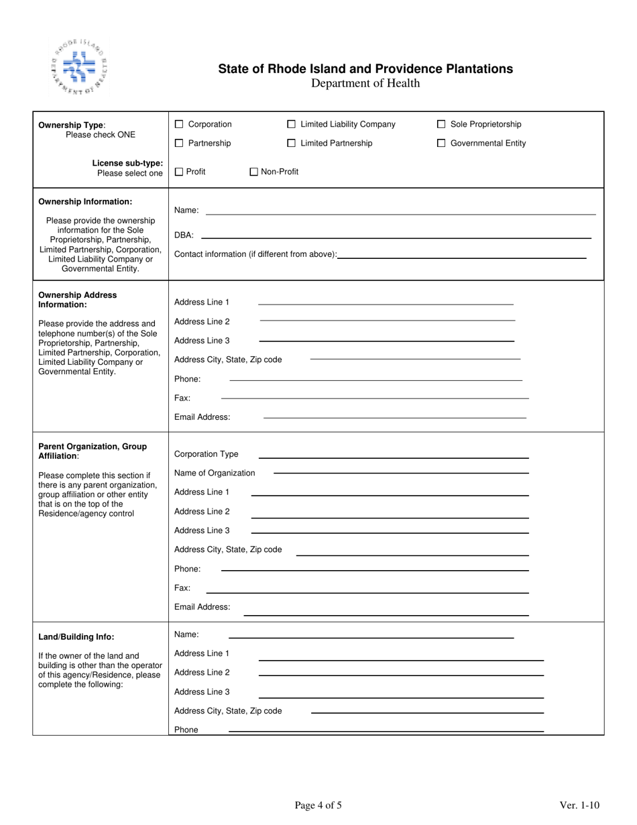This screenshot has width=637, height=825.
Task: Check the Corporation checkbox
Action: (179, 124)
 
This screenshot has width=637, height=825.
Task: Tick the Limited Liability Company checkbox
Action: (291, 124)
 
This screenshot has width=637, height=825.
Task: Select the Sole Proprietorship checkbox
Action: (441, 124)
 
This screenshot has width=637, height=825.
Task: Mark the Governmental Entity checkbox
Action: (441, 143)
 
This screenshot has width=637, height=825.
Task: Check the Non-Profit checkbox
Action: (253, 172)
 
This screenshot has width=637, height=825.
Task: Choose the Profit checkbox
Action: (179, 172)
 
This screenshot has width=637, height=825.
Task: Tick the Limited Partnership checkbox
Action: (291, 143)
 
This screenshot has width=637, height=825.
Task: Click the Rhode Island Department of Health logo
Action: (78, 68)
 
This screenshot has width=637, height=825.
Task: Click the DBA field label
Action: (184, 235)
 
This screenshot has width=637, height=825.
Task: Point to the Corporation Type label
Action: (206, 454)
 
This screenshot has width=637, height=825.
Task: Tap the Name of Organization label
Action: (215, 473)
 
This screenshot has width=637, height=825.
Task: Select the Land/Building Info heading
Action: (76, 637)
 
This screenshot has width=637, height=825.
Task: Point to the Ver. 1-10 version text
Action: (579, 806)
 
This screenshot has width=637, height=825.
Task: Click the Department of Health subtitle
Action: (365, 83)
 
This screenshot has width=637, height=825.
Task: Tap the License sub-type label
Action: (127, 163)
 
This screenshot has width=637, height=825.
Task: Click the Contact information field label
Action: (255, 254)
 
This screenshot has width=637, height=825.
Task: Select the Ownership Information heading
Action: (85, 201)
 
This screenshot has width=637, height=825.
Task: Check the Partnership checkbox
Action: (179, 143)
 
